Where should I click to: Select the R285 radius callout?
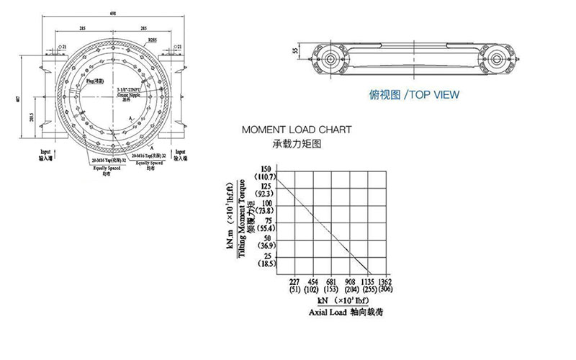point(153,40)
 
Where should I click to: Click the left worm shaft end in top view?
point(330,59)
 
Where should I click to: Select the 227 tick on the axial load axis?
point(294,282)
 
